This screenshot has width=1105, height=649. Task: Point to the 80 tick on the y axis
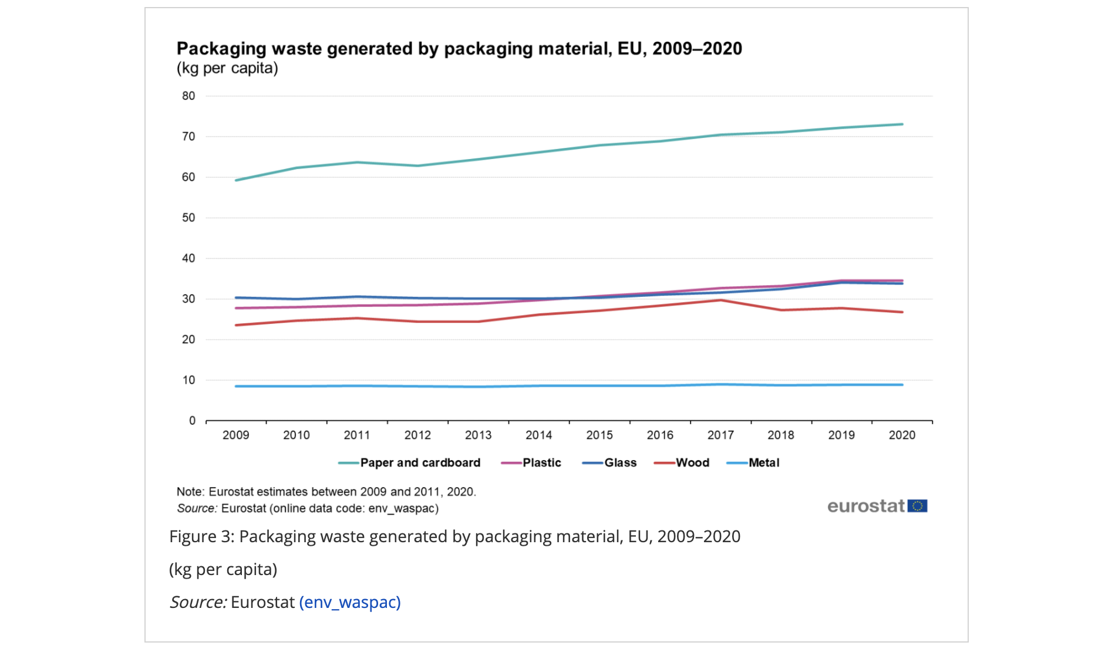(x=188, y=96)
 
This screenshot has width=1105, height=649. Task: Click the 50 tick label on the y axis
(x=188, y=218)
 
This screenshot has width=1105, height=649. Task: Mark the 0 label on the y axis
(x=192, y=421)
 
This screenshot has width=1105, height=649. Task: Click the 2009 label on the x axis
(x=236, y=435)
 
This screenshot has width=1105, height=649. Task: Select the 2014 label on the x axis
(x=539, y=435)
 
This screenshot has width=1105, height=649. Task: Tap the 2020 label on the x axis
(x=902, y=435)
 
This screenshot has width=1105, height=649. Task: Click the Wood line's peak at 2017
(x=720, y=300)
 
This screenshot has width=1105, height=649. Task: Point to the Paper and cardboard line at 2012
(x=417, y=166)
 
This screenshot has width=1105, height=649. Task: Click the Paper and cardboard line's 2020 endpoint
(x=902, y=124)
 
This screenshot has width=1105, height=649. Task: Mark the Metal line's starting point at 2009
(x=236, y=386)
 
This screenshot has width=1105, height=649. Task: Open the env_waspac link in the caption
(x=350, y=603)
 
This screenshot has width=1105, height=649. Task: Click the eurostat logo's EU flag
(x=917, y=506)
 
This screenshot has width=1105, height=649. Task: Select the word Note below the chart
(x=189, y=492)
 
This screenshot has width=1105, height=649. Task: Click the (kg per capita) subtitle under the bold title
(x=227, y=69)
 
